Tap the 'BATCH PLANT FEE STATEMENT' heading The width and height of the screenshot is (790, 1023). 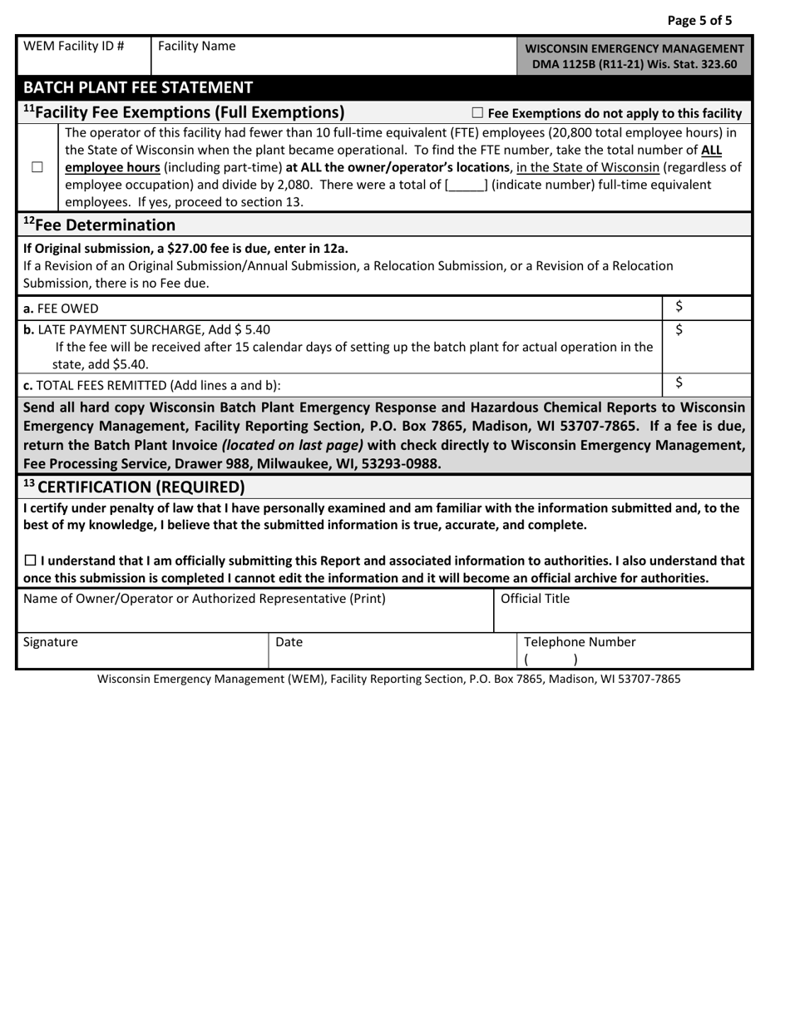[138, 87]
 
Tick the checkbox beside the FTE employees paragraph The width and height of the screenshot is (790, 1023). [37, 167]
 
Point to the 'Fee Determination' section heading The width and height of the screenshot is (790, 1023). [99, 225]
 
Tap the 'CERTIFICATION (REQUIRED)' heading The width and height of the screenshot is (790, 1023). [134, 486]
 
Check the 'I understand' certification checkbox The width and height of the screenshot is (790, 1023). [30, 561]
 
